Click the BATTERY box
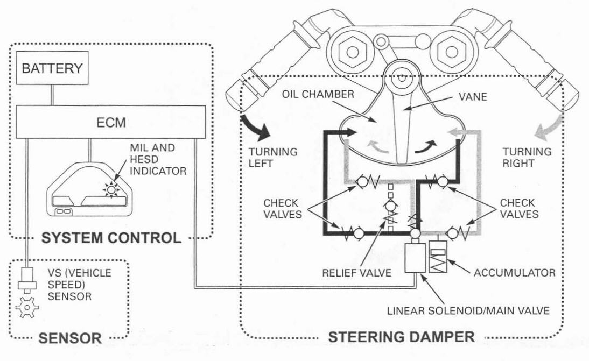(52, 69)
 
